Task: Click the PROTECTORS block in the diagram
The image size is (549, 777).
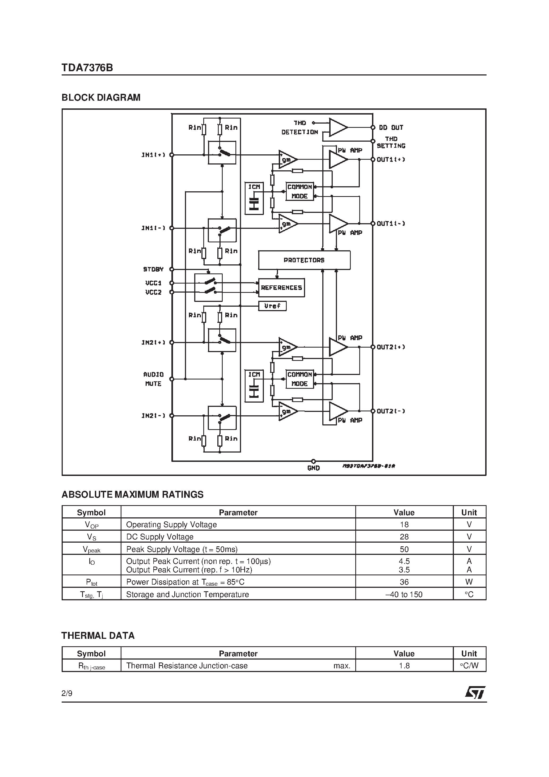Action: [x=304, y=260]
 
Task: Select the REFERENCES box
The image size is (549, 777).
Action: [x=281, y=288]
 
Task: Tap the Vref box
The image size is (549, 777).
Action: [x=272, y=306]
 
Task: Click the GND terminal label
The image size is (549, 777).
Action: [x=313, y=468]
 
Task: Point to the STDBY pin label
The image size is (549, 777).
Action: [x=153, y=269]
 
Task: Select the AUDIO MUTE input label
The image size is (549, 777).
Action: [x=153, y=379]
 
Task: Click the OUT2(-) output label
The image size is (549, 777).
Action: [x=391, y=411]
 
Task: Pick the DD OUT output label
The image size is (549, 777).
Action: [x=391, y=128]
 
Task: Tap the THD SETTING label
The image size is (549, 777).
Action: [x=391, y=142]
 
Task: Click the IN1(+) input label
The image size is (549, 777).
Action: [x=153, y=155]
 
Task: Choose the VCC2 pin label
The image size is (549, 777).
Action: [x=153, y=292]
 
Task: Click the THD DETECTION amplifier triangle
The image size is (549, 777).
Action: [x=337, y=128]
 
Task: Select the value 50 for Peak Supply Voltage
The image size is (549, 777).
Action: [x=404, y=549]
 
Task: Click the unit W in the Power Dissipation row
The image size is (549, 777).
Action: [x=469, y=582]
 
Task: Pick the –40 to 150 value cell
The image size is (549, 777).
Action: [x=404, y=595]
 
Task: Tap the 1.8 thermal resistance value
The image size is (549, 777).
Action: [x=404, y=666]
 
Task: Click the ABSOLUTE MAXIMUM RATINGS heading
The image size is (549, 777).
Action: [x=132, y=495]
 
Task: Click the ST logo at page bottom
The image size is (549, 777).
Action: [x=475, y=693]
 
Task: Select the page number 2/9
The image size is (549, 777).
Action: [x=67, y=693]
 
